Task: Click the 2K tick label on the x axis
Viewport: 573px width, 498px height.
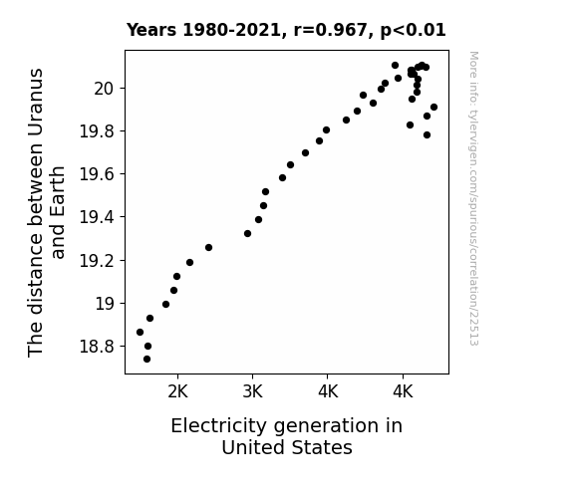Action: click(178, 392)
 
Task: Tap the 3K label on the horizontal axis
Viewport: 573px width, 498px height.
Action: click(253, 392)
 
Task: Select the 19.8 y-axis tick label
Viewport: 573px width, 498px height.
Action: click(98, 131)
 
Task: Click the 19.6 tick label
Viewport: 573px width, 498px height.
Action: click(98, 174)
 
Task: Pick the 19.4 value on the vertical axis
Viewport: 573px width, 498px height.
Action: click(98, 217)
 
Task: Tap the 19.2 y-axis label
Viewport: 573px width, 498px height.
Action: click(98, 261)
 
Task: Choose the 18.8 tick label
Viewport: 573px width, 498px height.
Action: click(98, 346)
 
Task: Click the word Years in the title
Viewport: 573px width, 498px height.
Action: click(151, 30)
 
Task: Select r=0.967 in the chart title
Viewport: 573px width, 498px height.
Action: click(331, 30)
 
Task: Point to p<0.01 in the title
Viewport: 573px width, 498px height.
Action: click(414, 31)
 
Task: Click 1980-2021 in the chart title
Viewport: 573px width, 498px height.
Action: click(231, 30)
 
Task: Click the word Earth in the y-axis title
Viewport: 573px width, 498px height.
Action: click(58, 212)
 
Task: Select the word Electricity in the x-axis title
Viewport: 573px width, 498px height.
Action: click(218, 426)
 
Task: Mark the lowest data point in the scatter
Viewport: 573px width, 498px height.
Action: click(146, 360)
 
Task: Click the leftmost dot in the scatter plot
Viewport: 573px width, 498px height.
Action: click(140, 332)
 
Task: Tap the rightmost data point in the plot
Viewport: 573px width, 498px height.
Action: click(433, 107)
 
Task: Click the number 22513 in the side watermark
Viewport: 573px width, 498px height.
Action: click(473, 330)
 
